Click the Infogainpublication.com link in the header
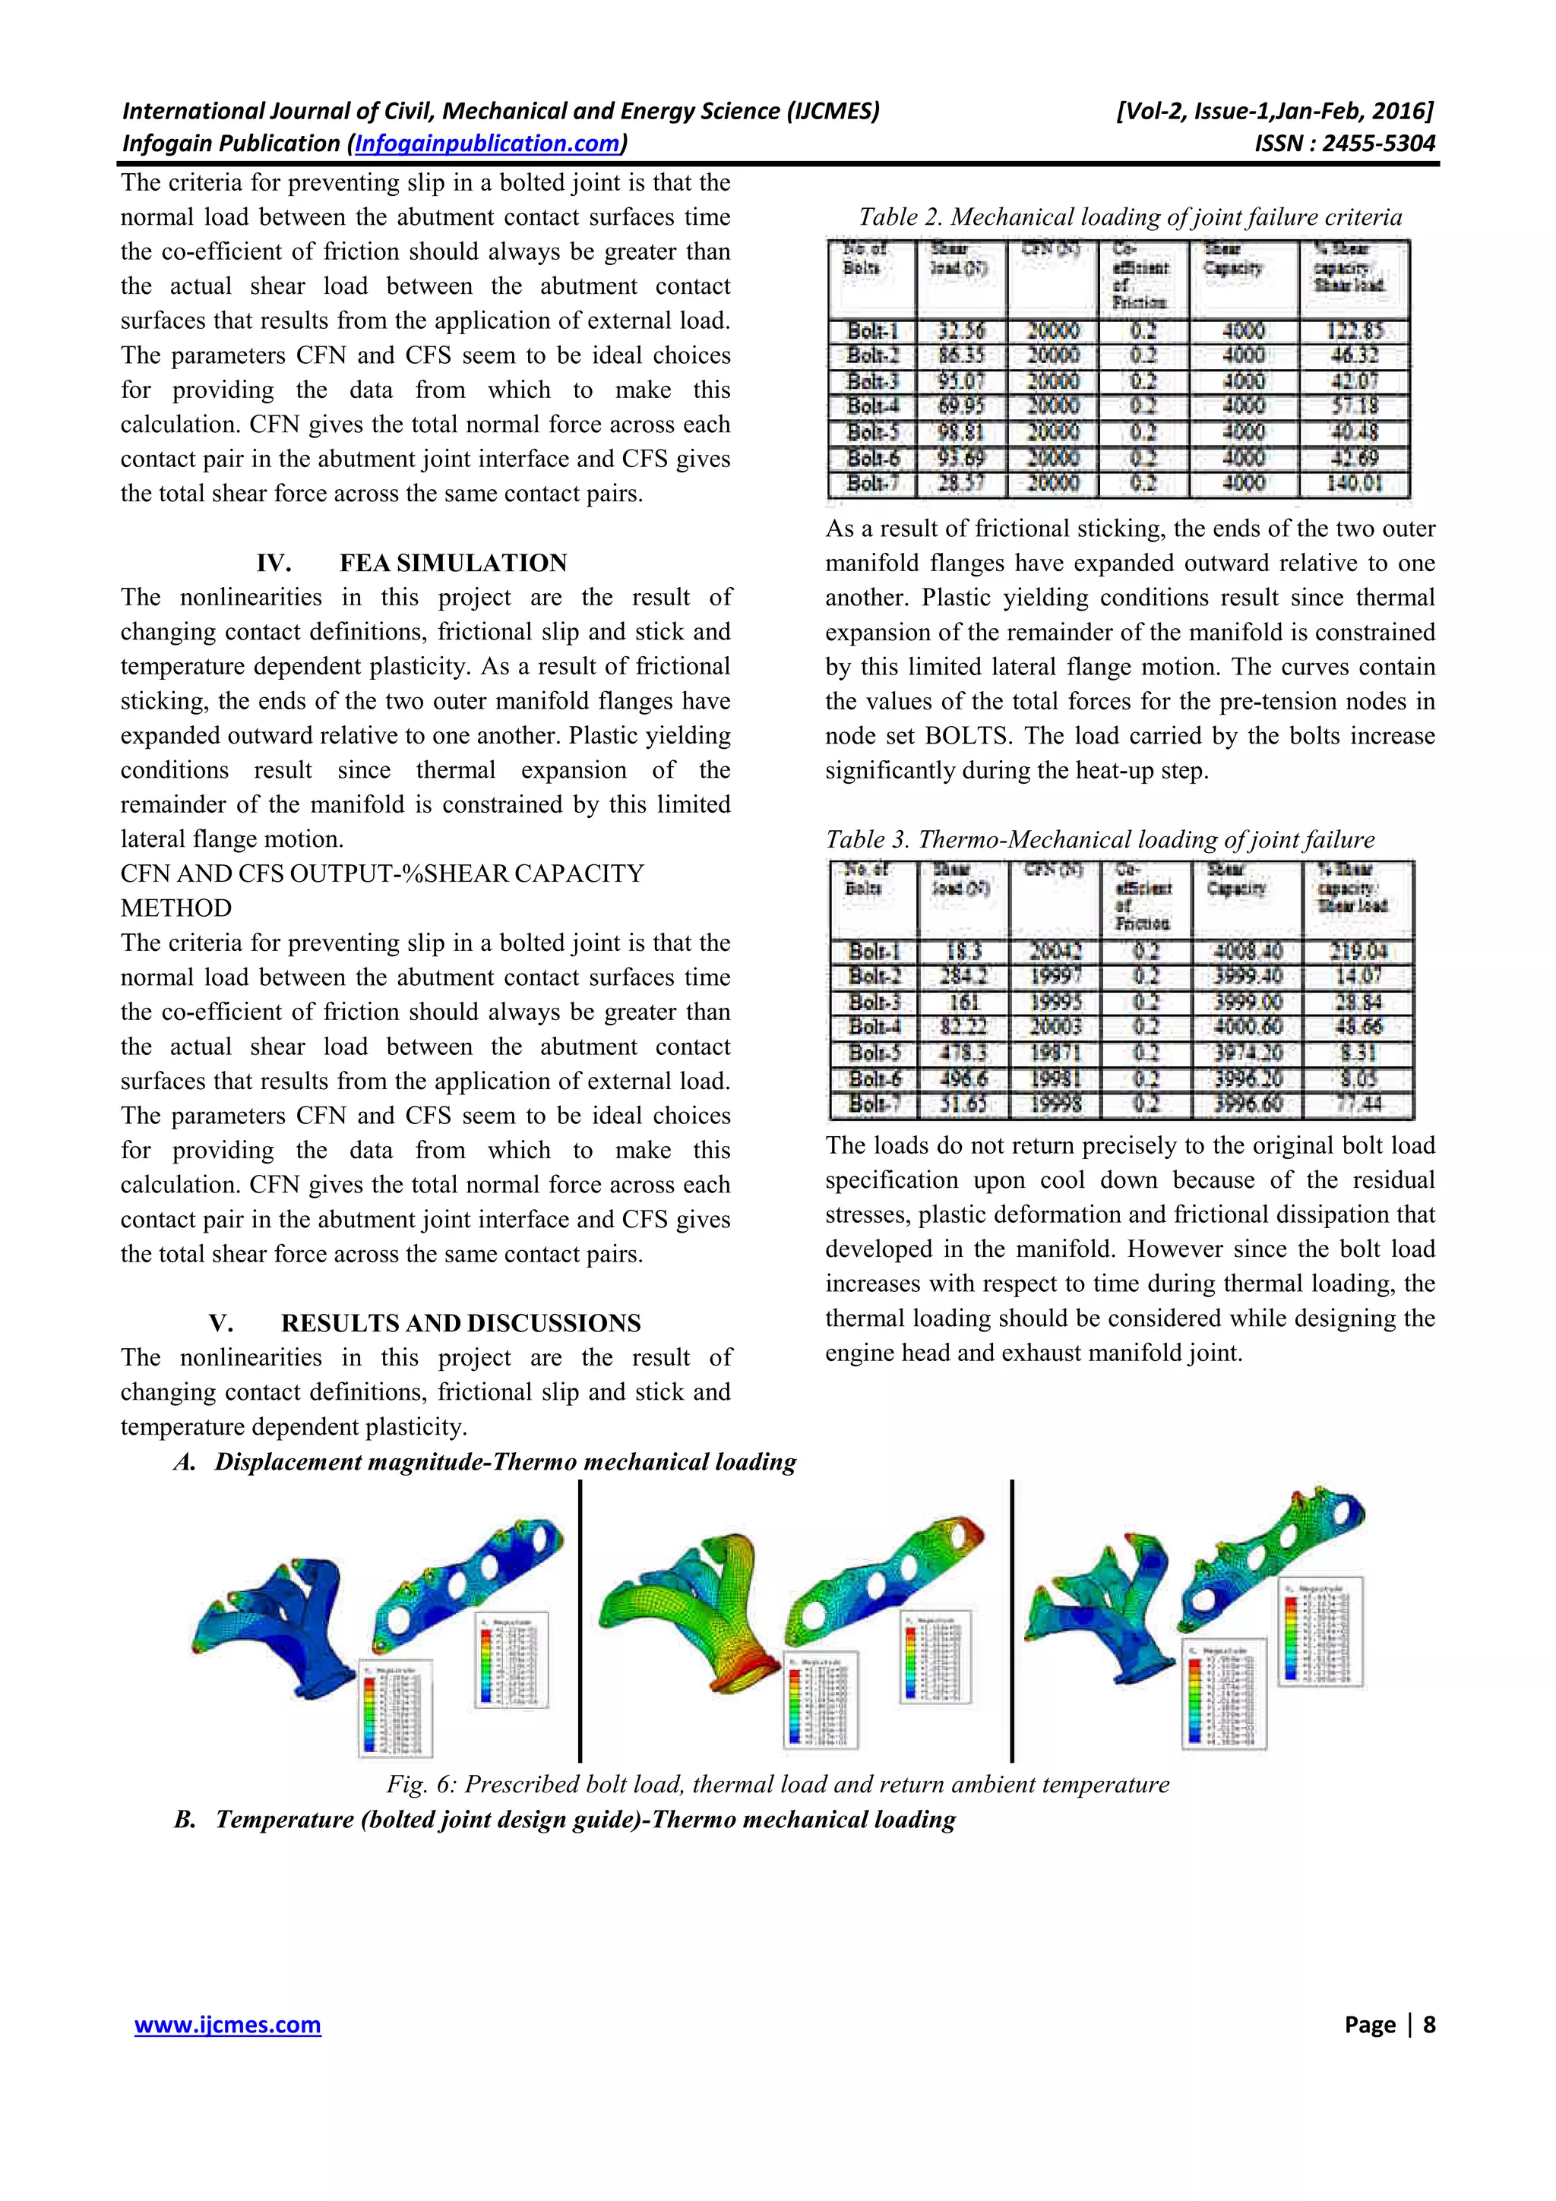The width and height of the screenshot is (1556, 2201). tap(487, 144)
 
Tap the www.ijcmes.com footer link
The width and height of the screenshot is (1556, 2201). tap(227, 2025)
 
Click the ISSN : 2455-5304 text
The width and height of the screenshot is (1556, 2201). tap(1344, 144)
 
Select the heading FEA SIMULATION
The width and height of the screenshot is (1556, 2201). tap(453, 563)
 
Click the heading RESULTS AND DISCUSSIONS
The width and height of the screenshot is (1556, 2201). tap(460, 1323)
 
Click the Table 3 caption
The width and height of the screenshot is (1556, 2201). tap(1099, 840)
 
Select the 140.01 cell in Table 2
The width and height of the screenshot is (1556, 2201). tap(1354, 484)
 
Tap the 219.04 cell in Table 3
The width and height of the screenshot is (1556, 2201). tap(1358, 952)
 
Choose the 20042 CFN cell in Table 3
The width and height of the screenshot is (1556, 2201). tap(1055, 952)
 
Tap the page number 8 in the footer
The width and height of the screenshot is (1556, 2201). tap(1428, 2025)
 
